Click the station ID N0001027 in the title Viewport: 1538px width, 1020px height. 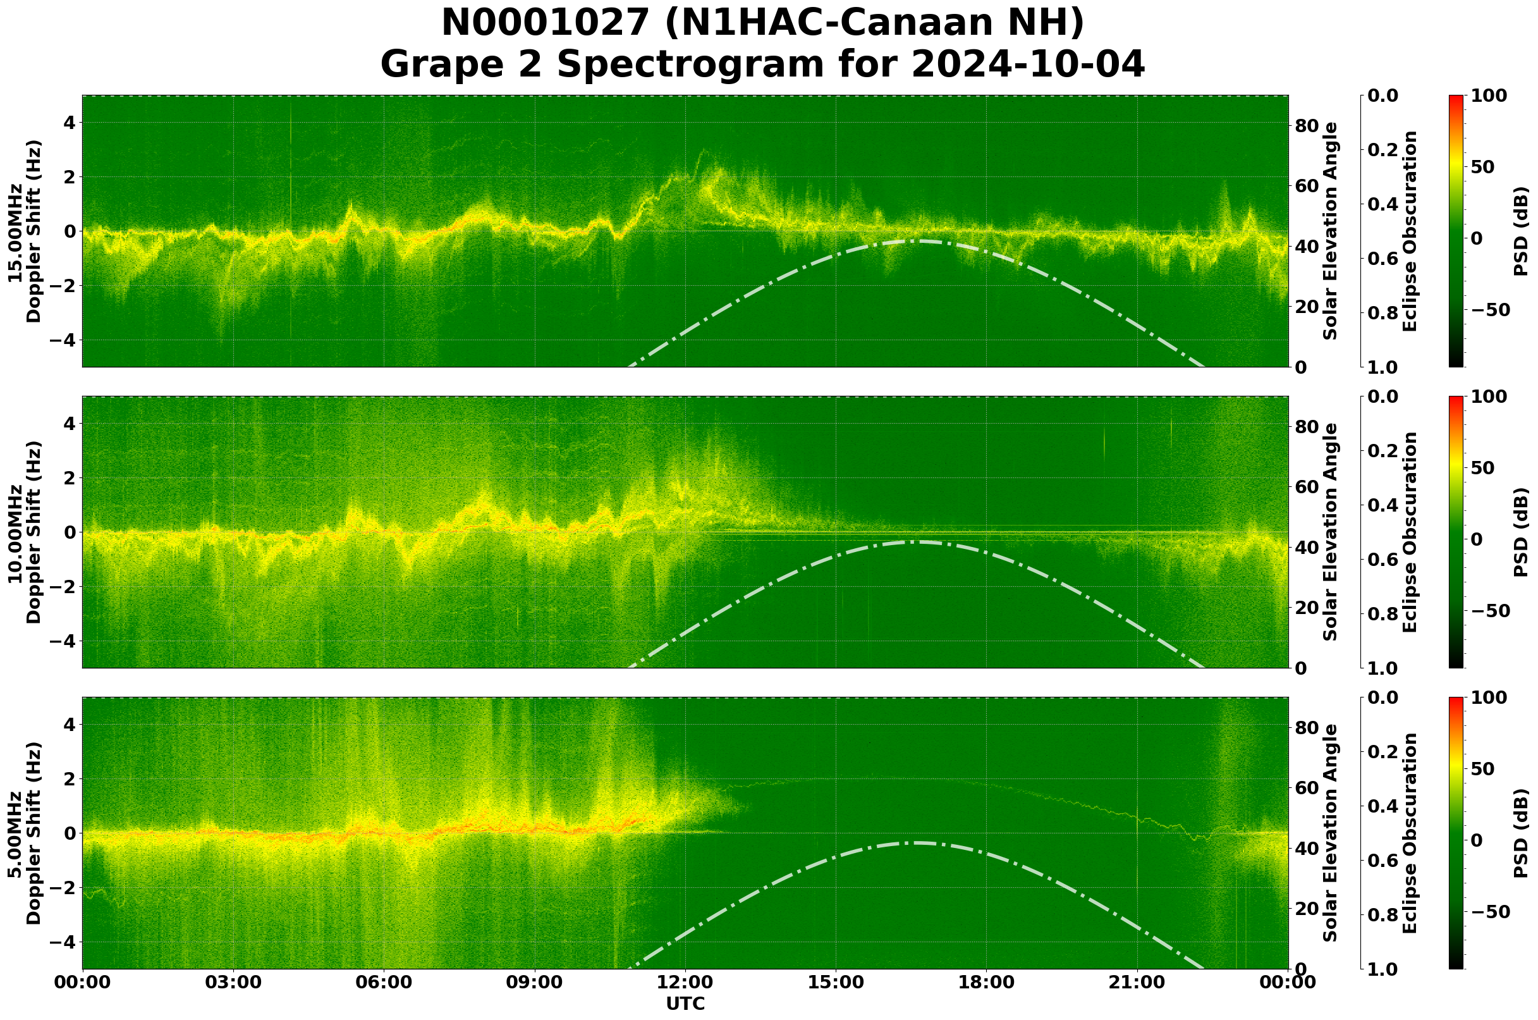coord(545,23)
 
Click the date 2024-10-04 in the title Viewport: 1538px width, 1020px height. coord(1027,65)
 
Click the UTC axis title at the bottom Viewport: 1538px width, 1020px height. coord(685,1004)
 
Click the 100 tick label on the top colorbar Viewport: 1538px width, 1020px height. coord(1489,95)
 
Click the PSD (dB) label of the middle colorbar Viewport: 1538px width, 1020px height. coord(1520,532)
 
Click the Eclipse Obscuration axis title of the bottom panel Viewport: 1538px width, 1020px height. coord(1410,833)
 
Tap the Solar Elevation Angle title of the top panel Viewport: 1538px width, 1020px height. coord(1331,231)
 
